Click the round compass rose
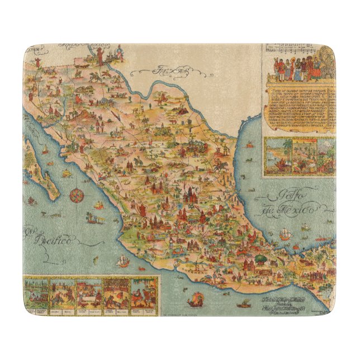[77, 196]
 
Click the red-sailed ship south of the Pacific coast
[197, 299]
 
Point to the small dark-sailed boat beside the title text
[244, 305]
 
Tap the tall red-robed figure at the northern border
[97, 55]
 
